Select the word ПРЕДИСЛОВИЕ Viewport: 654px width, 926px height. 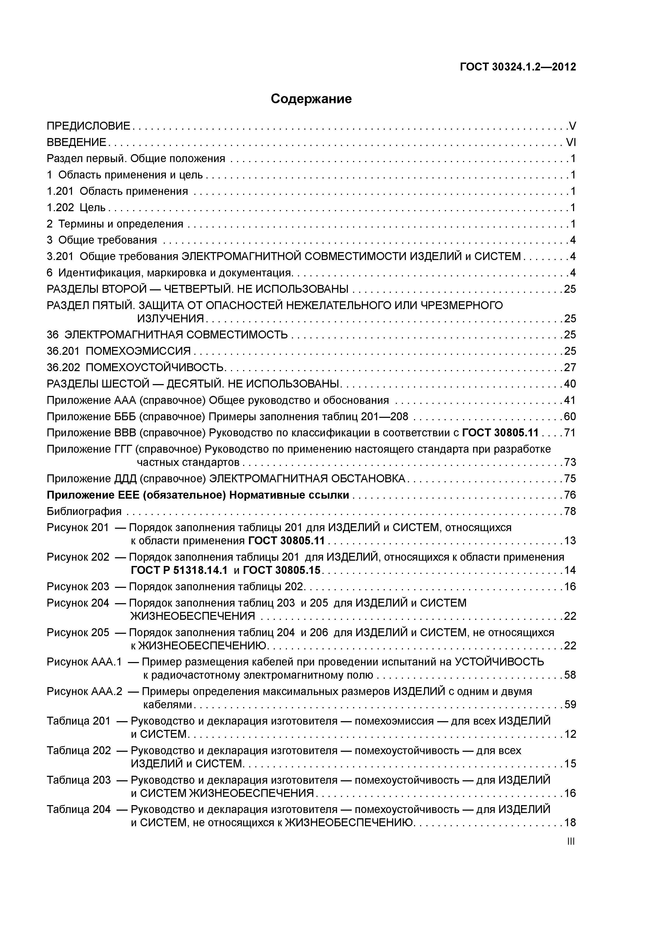pyautogui.click(x=89, y=126)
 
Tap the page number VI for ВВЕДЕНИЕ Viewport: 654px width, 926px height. pyautogui.click(x=571, y=142)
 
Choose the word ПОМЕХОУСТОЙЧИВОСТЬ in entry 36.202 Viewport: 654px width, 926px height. pyautogui.click(x=155, y=367)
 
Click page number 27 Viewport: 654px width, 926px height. pyautogui.click(x=570, y=367)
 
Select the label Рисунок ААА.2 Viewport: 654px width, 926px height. pyautogui.click(x=84, y=692)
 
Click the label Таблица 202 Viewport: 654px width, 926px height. pyautogui.click(x=79, y=750)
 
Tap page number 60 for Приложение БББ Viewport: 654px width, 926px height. pyautogui.click(x=570, y=417)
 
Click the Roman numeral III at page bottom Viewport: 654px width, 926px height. pyautogui.click(x=571, y=841)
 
